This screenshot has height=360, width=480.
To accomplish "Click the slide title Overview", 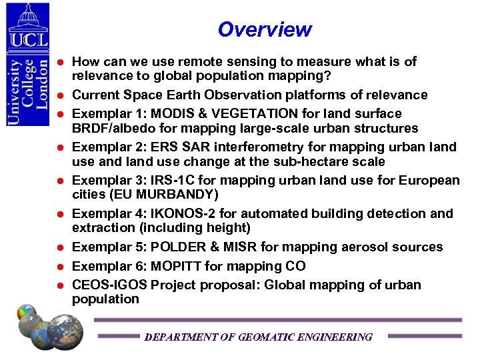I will (x=264, y=30).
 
